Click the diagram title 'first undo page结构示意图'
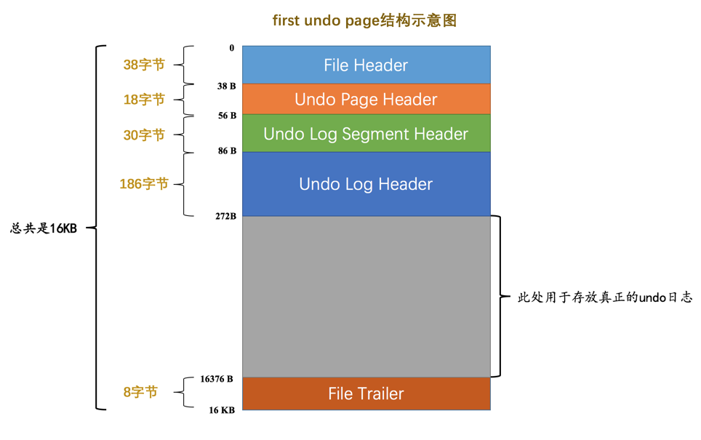coord(364,20)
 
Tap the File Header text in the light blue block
coord(366,65)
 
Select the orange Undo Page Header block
coord(366,99)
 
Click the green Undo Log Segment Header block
coord(366,134)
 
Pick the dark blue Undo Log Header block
coord(366,184)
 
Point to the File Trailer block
coord(366,393)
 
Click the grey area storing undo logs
coord(366,297)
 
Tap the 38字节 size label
coord(144,65)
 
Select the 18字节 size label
coord(144,100)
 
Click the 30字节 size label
coord(144,135)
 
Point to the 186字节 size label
coord(144,184)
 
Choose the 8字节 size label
coord(140,393)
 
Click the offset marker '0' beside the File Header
coord(232,48)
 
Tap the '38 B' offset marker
coord(227,86)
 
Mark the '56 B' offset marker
coord(227,116)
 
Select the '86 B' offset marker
coord(227,151)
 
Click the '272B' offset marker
coord(226,216)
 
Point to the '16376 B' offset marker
coord(217,379)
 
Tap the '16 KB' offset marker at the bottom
coord(222,410)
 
